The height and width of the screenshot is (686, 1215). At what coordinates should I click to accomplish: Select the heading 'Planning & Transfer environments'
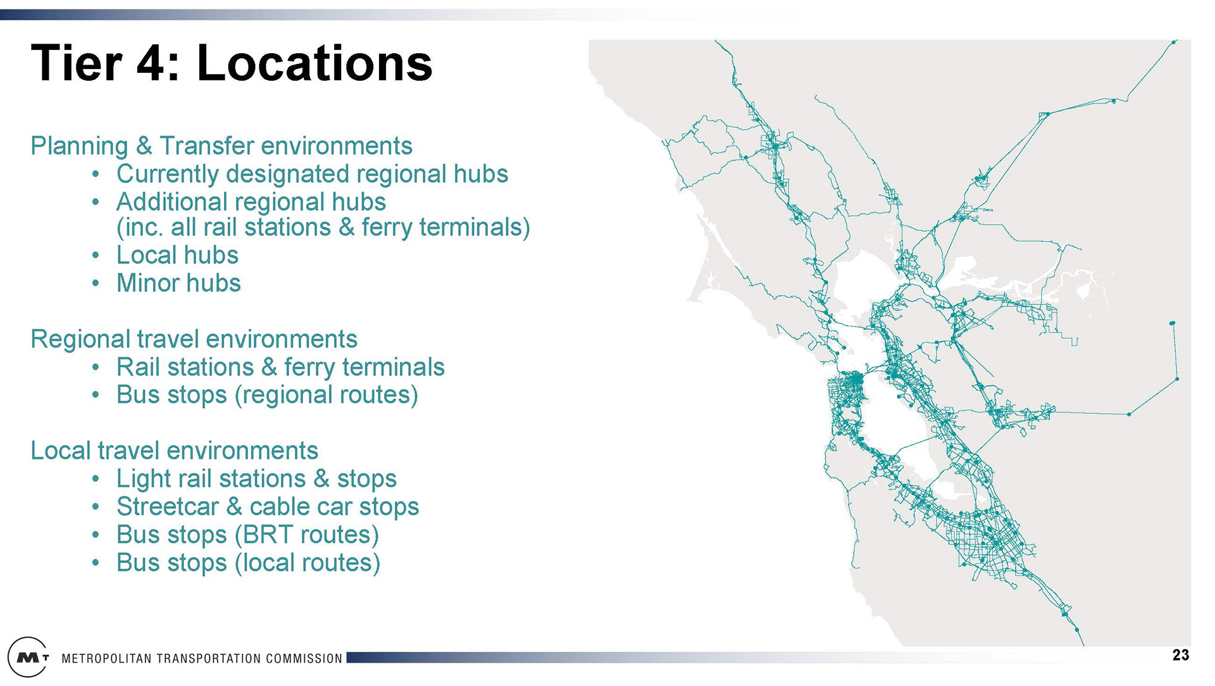point(221,146)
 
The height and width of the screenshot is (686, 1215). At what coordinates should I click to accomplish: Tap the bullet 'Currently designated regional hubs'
point(312,173)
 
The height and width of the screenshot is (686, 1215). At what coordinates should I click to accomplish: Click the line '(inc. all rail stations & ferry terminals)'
point(323,227)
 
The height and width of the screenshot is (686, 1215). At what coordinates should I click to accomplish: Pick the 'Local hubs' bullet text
point(177,255)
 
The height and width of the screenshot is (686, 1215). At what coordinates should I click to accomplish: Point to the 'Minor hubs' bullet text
point(178,283)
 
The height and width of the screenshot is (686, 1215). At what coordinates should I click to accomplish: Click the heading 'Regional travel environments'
point(194,339)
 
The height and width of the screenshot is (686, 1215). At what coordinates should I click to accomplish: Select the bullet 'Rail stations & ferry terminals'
point(280,367)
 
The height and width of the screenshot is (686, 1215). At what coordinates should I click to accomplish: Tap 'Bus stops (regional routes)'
point(267,395)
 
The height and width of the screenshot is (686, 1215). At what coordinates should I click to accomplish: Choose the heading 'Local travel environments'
point(174,451)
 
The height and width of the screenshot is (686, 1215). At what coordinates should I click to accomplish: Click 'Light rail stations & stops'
point(256,478)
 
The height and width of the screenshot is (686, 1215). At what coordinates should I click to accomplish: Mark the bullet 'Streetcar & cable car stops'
point(268,506)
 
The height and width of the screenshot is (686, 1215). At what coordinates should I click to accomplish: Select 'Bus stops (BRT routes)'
point(247,535)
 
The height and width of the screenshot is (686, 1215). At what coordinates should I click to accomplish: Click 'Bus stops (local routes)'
point(248,563)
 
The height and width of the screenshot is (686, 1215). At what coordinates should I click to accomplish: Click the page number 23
point(1181,655)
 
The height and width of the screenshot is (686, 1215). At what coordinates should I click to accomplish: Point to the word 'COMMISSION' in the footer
point(304,659)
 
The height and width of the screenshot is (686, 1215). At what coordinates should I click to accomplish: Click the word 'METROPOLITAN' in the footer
point(106,659)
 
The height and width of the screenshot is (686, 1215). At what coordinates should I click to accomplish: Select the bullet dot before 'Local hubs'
point(95,256)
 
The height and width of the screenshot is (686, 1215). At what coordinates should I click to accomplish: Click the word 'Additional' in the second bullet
point(171,202)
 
